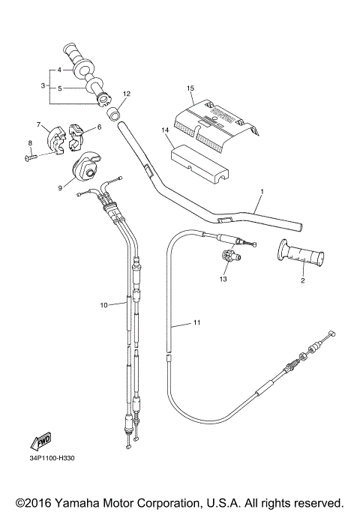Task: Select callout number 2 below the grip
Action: [x=301, y=281]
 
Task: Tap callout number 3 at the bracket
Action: [x=43, y=86]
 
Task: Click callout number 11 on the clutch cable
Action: [x=196, y=324]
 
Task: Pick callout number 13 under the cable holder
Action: [x=222, y=278]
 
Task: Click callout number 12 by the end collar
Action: [x=127, y=94]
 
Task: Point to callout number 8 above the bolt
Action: [x=31, y=142]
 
